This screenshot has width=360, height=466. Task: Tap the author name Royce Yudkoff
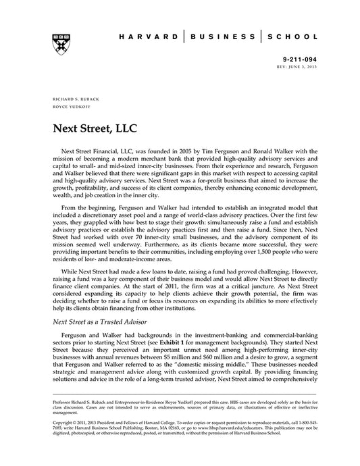(x=68, y=107)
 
